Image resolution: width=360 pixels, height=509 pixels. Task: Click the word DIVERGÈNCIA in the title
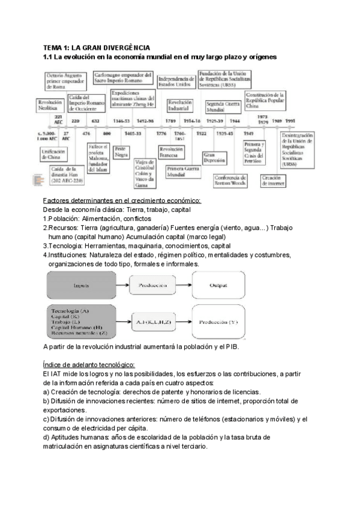tap(124, 47)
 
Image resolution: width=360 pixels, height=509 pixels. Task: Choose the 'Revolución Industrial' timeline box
tap(179, 106)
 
